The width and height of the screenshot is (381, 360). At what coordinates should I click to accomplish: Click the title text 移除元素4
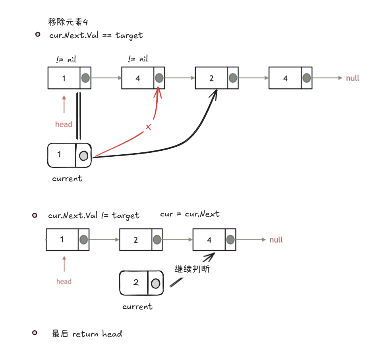click(68, 22)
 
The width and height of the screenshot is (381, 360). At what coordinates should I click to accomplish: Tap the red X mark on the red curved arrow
click(149, 127)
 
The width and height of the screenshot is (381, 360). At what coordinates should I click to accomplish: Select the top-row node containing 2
click(217, 78)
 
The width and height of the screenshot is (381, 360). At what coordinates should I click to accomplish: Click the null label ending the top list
click(352, 78)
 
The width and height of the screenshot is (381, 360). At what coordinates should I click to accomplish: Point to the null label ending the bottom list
click(276, 239)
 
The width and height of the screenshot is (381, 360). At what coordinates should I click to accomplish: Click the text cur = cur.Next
click(190, 214)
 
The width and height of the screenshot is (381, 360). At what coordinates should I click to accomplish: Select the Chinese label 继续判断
click(192, 269)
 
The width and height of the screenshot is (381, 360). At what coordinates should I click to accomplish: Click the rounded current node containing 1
click(70, 155)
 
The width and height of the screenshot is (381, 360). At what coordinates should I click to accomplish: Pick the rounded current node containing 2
click(141, 283)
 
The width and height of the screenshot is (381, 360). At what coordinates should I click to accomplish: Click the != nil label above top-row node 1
click(66, 60)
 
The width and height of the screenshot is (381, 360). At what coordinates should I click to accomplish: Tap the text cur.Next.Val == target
click(96, 35)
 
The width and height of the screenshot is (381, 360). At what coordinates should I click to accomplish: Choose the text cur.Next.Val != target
click(94, 216)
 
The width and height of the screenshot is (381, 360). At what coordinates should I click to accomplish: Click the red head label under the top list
click(64, 125)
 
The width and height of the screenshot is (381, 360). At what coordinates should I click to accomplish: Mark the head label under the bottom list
click(64, 282)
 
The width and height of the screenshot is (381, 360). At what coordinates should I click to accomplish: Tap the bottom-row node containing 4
click(215, 239)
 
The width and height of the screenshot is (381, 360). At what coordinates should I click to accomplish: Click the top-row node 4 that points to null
click(290, 78)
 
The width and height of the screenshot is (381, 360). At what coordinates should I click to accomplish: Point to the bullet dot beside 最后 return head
click(35, 333)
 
